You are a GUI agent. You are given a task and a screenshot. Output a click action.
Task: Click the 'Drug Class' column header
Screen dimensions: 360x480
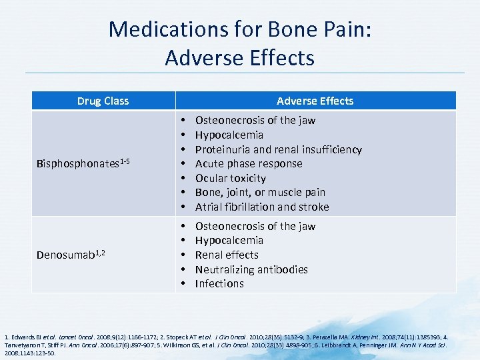pos(103,101)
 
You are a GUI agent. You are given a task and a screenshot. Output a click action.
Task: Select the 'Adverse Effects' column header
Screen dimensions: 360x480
pos(315,101)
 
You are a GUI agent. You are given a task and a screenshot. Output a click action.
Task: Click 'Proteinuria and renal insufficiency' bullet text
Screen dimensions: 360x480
pos(278,149)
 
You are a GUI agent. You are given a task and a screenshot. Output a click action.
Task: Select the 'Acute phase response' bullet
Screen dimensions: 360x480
pos(248,163)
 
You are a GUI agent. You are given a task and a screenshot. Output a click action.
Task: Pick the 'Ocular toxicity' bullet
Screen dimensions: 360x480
pos(230,178)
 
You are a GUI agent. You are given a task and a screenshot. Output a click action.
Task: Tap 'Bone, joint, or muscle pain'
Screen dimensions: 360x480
pos(260,192)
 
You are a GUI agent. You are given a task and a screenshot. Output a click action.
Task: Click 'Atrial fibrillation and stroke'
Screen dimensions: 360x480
pos(262,207)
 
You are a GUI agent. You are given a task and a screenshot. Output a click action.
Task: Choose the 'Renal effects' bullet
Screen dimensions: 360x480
pos(227,255)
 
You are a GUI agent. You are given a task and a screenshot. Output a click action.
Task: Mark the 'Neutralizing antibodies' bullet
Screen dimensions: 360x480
pos(251,269)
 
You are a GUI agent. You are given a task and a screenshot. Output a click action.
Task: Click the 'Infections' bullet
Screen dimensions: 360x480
pos(219,283)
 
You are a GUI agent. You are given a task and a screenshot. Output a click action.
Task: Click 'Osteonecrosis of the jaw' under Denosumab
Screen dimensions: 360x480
pos(255,226)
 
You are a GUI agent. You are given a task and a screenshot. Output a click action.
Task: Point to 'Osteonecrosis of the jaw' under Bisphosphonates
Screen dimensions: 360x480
pos(255,120)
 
